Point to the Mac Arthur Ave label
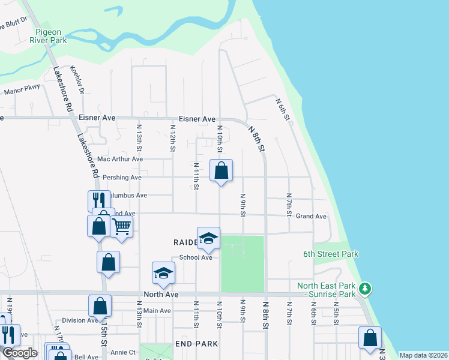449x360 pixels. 120,159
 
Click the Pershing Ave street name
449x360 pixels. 122,178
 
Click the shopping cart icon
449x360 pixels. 121,227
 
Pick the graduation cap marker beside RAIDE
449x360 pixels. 208,238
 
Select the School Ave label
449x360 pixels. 196,257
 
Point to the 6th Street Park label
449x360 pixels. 331,254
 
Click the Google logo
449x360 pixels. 20,353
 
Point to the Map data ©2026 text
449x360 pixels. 423,355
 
